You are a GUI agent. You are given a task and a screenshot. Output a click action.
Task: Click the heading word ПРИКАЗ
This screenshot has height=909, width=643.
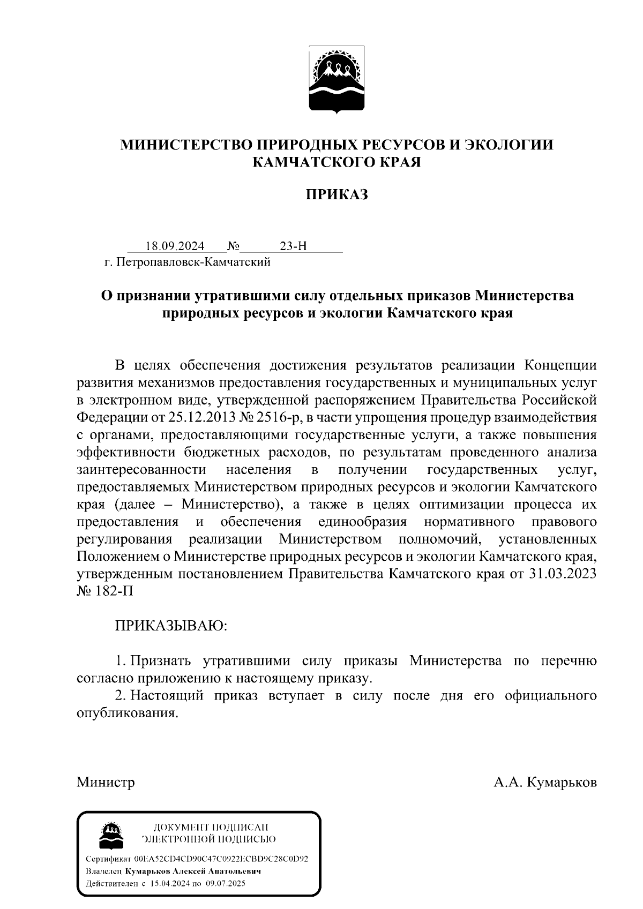click(x=337, y=194)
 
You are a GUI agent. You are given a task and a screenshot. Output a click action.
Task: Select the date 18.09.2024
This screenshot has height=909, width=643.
click(x=175, y=246)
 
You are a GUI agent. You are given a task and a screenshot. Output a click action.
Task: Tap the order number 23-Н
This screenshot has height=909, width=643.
click(x=294, y=246)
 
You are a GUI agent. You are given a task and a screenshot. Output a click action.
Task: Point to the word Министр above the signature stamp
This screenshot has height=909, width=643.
click(x=106, y=783)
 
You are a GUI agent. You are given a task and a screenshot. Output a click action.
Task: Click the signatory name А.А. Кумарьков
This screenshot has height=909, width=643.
click(x=545, y=783)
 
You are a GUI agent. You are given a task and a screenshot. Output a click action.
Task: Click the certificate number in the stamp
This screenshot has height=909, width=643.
click(x=221, y=859)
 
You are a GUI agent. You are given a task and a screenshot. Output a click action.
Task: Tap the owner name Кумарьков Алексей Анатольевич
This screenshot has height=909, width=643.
click(x=197, y=872)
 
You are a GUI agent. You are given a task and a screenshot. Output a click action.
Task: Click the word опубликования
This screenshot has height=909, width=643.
click(x=126, y=713)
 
